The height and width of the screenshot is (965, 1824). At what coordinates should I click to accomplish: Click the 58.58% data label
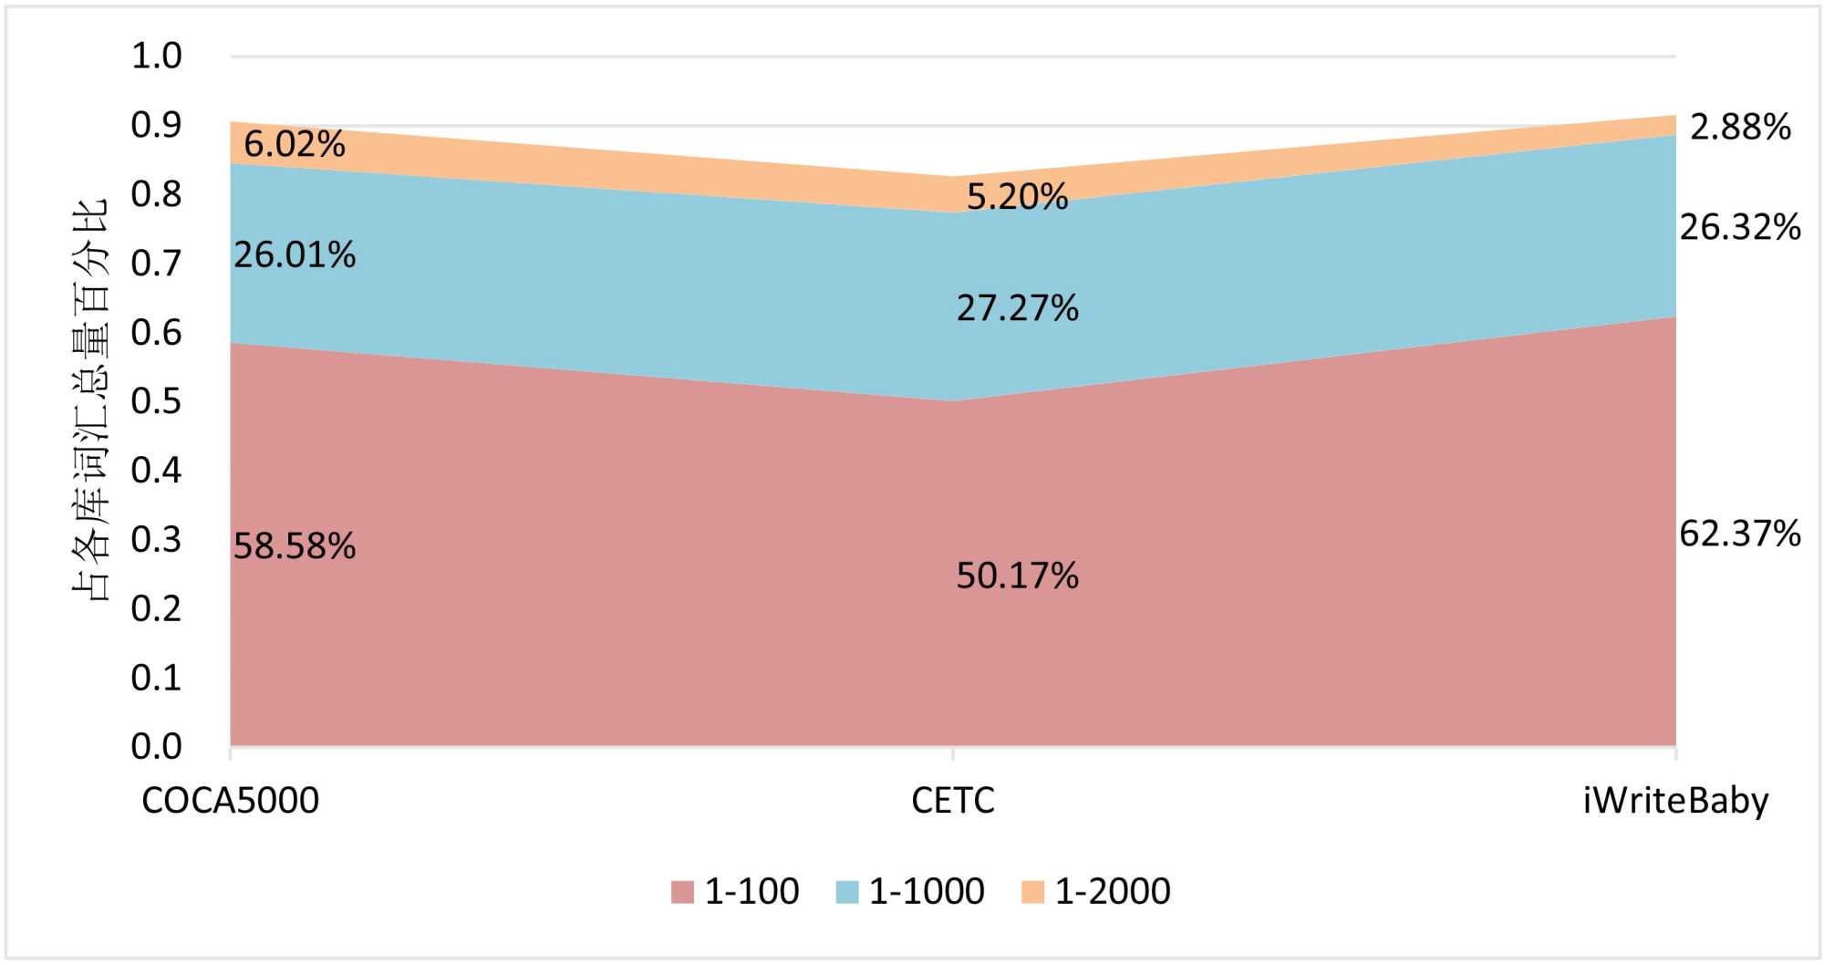coord(295,546)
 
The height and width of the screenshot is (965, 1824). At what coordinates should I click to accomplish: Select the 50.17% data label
coord(1017,576)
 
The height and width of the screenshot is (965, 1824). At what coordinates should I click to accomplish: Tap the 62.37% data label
coord(1739,534)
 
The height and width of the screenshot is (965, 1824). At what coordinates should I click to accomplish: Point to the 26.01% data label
coord(295,255)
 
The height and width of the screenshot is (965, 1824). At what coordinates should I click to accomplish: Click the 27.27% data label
coord(1017,308)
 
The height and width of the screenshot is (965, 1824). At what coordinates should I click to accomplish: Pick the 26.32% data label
coord(1739,227)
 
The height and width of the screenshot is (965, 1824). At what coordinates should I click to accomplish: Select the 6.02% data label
coord(295,144)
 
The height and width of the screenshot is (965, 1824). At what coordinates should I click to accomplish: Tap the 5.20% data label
coord(1017,196)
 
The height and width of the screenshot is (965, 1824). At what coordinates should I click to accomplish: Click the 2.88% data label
coord(1739,127)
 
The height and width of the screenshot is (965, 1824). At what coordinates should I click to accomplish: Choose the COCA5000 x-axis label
coord(231,801)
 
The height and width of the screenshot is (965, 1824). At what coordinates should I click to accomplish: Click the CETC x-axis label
coord(953,801)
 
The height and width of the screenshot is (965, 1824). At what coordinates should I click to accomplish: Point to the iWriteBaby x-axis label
coord(1675,801)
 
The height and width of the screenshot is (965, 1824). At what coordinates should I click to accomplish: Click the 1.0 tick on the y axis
coord(157,57)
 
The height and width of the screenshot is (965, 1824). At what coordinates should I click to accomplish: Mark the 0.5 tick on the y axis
coord(157,401)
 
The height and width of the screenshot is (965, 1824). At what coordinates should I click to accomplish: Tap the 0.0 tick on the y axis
coord(157,747)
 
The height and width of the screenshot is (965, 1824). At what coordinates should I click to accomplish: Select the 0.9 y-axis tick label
coord(157,125)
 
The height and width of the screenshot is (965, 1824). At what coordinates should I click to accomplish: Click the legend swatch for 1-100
coord(682,891)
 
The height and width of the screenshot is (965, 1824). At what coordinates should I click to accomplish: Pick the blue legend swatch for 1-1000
coord(847,891)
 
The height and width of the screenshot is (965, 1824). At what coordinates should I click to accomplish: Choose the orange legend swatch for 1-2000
coord(1032,891)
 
